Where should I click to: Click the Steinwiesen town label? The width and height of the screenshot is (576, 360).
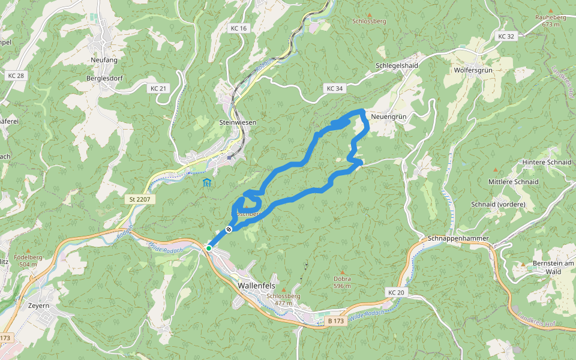point(238,122)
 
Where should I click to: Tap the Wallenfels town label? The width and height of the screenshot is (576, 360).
point(256,286)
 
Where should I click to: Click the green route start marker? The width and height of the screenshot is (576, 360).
point(208,248)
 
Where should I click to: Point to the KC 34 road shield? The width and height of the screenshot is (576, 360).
point(335,88)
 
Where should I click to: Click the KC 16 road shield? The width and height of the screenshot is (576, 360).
point(238,28)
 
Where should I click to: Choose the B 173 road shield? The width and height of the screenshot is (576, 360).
point(336,321)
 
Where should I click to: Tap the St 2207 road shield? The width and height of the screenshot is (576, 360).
point(137,199)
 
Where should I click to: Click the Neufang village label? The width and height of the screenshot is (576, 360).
point(104,60)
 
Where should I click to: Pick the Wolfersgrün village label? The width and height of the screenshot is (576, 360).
point(473,70)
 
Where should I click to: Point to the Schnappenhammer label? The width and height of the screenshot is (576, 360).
point(459,239)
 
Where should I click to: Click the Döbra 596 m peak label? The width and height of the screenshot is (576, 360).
point(342,282)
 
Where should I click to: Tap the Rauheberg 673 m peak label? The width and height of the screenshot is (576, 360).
point(550,20)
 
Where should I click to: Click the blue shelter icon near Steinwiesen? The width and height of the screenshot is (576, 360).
point(206,182)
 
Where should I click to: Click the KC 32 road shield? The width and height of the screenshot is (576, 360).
point(506,36)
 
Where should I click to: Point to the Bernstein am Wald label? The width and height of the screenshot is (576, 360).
point(553,268)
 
